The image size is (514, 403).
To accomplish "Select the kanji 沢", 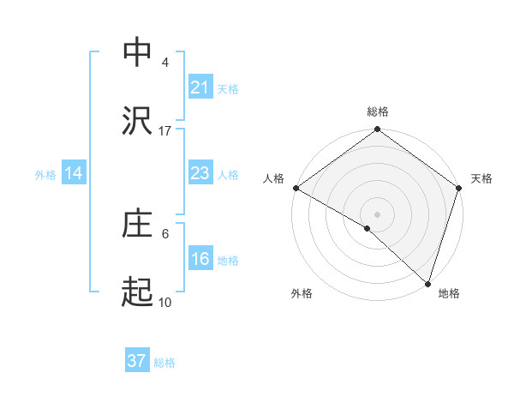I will pos(137,122).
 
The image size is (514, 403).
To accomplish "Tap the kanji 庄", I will pos(137,225).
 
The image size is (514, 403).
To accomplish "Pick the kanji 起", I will pos(137,294).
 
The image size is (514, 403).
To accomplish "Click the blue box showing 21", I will pos(200,87).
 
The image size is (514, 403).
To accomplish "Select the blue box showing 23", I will pos(200,173).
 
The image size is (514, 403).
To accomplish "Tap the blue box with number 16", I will pos(200,260).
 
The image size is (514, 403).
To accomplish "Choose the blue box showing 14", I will pos(74,173).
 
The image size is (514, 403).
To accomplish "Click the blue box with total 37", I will pos(136,361).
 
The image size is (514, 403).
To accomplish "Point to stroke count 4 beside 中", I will pos(165,62).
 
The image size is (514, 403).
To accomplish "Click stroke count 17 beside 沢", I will pos(165,131).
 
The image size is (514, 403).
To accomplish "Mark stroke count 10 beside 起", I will pos(165,303).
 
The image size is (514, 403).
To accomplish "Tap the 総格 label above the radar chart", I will pos(378,111).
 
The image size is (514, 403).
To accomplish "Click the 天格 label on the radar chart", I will pos(481,178).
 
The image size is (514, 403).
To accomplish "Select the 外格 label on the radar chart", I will pos(302,293).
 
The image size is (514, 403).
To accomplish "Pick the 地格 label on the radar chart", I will pos(449,293).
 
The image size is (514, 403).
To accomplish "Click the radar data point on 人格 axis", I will pos(296,188).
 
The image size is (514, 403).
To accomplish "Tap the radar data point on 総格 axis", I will pos(378,131).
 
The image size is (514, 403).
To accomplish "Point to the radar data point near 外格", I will pos(368,228).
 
